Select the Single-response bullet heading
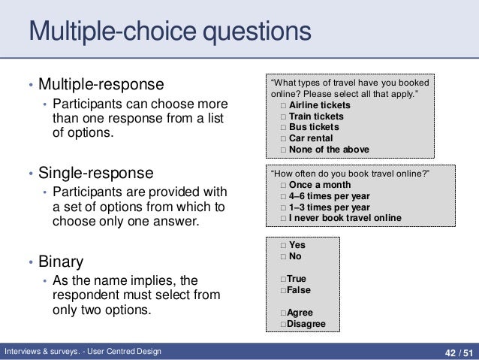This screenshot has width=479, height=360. [95, 173]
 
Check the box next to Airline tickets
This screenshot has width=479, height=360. [283, 105]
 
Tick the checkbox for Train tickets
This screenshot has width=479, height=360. [283, 116]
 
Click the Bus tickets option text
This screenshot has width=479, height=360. [314, 127]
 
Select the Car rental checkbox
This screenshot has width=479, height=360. [283, 138]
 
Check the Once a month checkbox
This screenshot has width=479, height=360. [283, 186]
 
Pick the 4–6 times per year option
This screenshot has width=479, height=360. [329, 196]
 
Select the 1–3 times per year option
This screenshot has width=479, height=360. [329, 207]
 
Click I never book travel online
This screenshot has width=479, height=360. [345, 218]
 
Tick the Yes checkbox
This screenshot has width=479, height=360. [282, 245]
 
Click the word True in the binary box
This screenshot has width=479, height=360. [296, 279]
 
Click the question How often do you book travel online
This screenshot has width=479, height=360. [348, 174]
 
